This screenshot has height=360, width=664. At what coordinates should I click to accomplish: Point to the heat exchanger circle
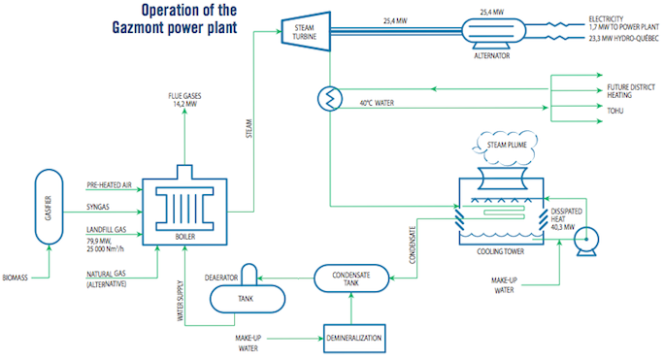(x=330, y=97)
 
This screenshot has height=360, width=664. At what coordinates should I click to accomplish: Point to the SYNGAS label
(x=100, y=206)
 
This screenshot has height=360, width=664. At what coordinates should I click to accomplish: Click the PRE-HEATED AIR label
(x=109, y=184)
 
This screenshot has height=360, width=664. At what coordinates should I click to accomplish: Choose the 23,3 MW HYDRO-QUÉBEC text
(x=625, y=41)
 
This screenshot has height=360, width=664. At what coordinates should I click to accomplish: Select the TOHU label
(x=614, y=111)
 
